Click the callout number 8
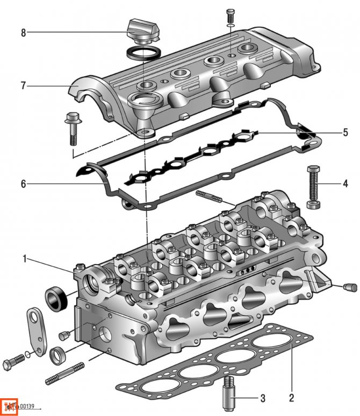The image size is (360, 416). pos(23,33)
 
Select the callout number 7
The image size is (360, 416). pos(23,85)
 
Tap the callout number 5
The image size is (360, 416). pos(345,132)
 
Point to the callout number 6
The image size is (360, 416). pos(23,184)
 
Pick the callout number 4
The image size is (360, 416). pos(345,184)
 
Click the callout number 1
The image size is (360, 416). pos(24,260)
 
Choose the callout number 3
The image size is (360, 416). pos(262,398)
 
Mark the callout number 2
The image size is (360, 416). pos(291,398)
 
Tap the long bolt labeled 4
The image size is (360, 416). pos(313,186)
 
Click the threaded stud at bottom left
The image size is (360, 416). pos(65,374)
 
